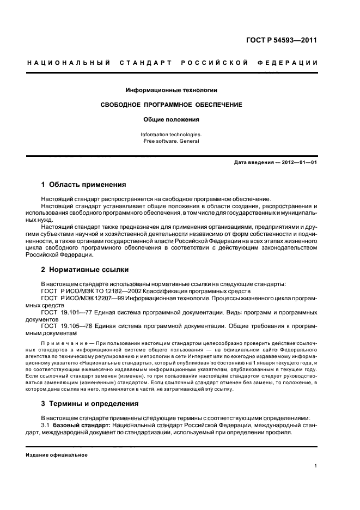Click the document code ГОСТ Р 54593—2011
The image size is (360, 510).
click(282, 40)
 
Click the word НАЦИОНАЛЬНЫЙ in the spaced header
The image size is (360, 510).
click(69, 64)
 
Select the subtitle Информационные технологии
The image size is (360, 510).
click(172, 89)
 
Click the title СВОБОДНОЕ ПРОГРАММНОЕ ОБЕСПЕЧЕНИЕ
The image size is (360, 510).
click(172, 104)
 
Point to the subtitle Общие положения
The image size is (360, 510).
click(172, 119)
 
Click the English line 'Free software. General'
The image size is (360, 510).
click(172, 141)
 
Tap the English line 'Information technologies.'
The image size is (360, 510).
click(172, 134)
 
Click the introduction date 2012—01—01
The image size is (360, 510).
click(296, 163)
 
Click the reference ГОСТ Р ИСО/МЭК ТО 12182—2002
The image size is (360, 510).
click(89, 291)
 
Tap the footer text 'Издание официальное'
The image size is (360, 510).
click(57, 455)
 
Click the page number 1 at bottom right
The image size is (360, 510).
click(316, 466)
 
